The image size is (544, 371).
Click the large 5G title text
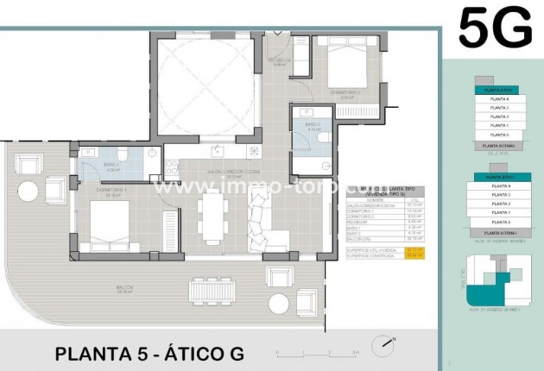tap(495, 28)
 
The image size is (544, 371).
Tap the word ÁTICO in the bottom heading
tap(193, 354)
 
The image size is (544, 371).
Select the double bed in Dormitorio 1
tap(110, 227)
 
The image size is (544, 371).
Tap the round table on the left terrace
tap(28, 190)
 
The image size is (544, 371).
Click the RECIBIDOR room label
tap(281, 60)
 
